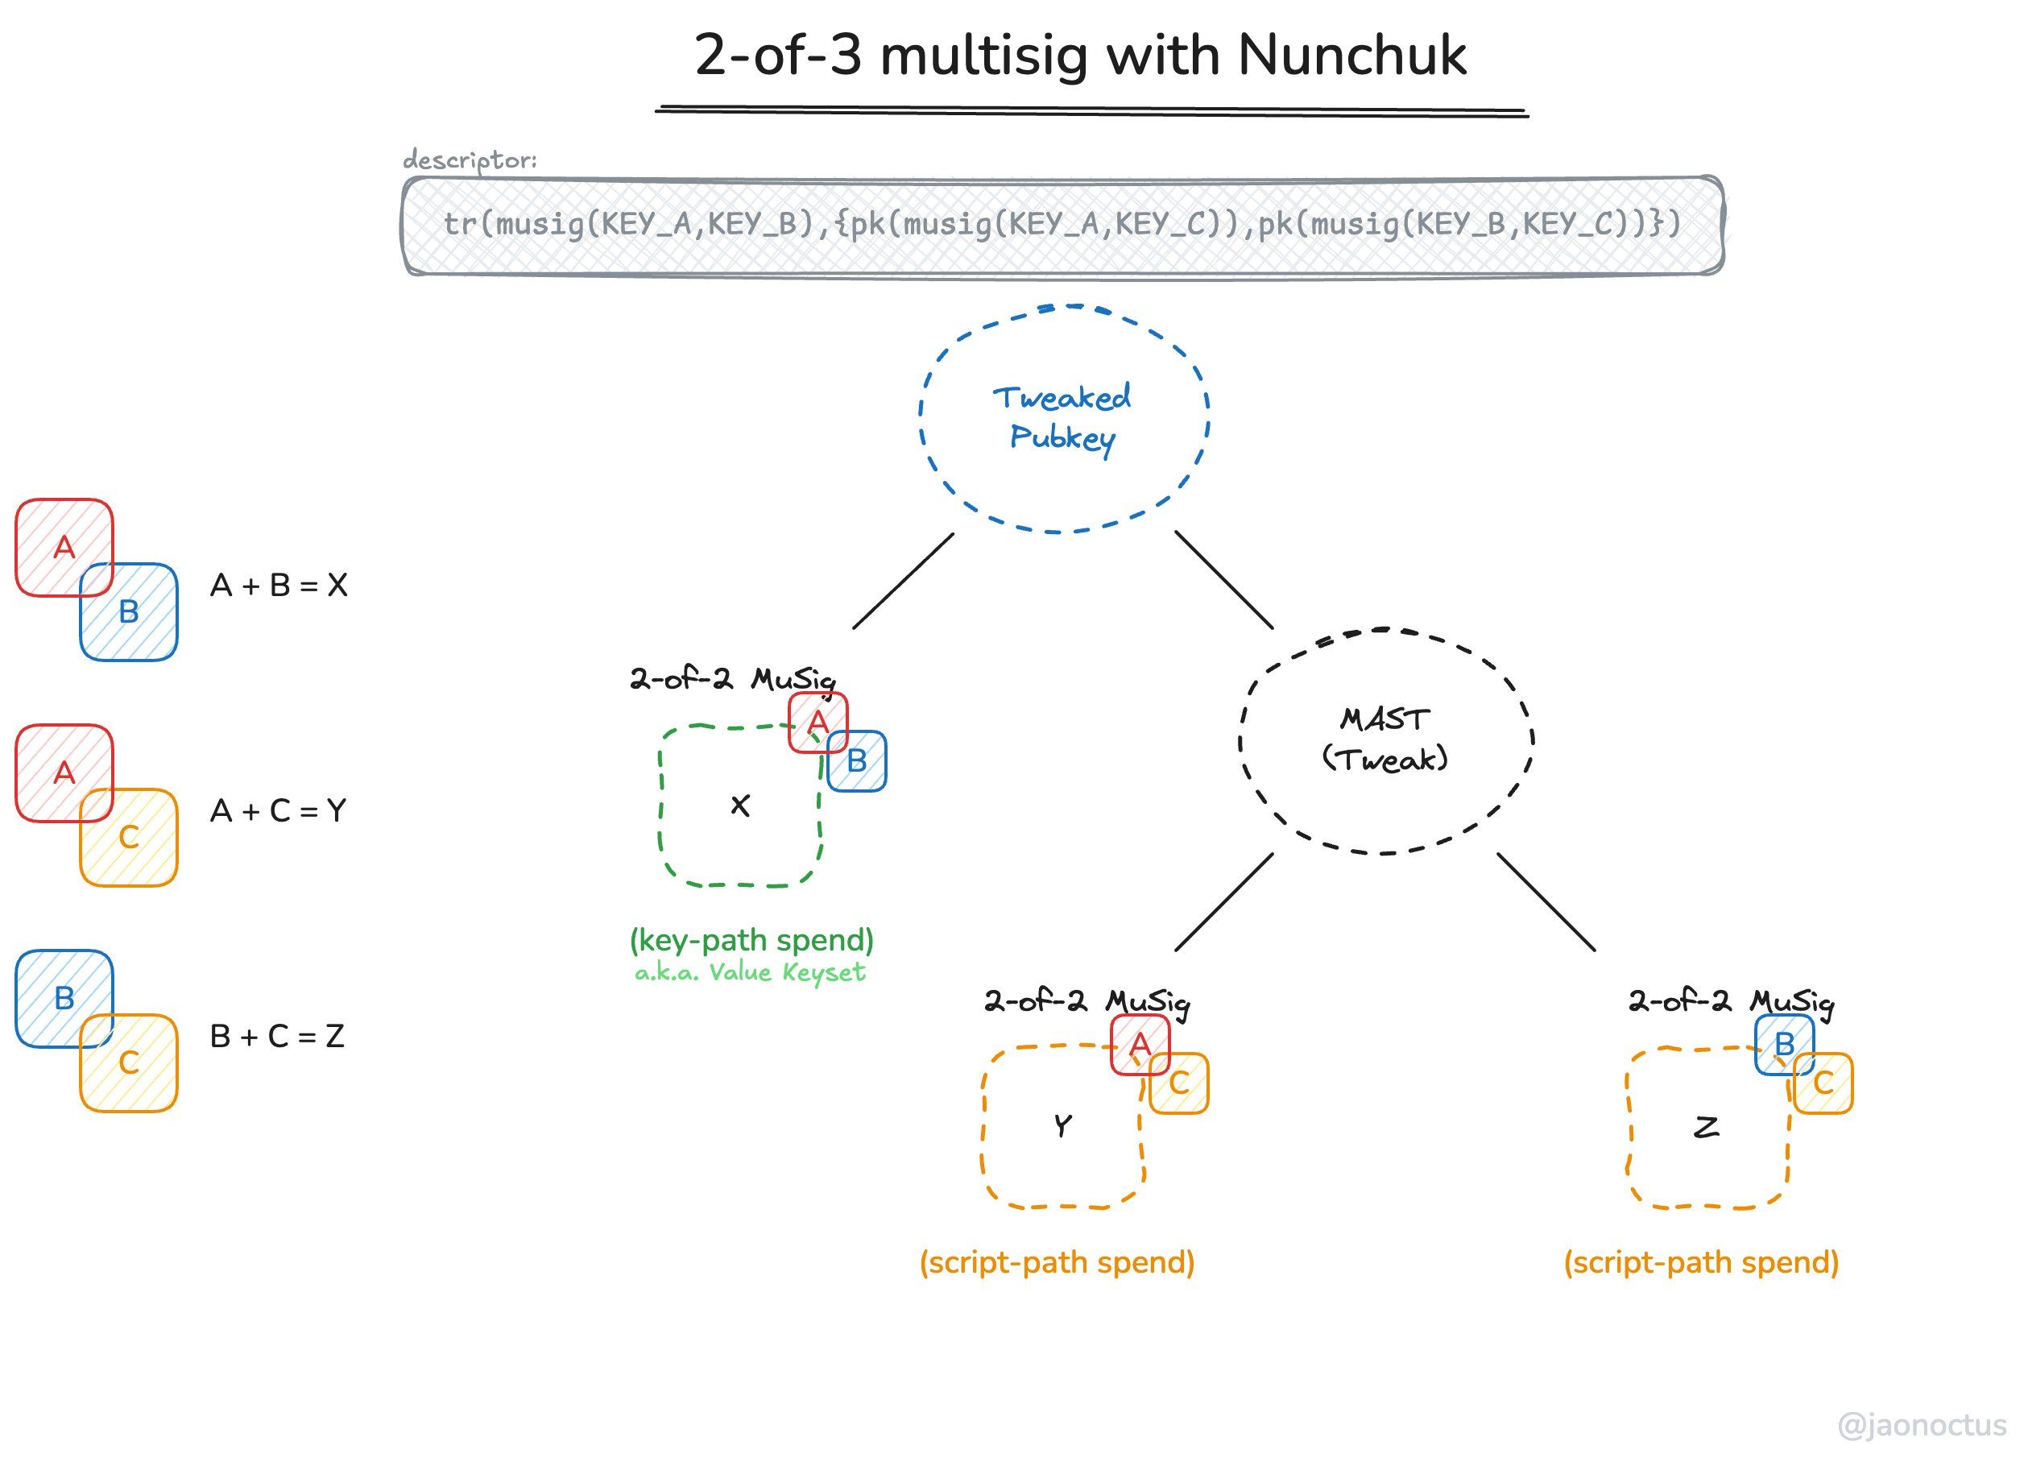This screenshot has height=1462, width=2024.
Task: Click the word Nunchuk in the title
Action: (x=1351, y=56)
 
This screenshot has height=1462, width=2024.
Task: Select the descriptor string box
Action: (x=1062, y=225)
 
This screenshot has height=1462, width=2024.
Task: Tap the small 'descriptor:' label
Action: (x=470, y=159)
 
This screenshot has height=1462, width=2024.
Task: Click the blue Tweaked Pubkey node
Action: (x=1063, y=419)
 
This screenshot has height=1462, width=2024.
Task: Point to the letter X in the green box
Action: (x=740, y=806)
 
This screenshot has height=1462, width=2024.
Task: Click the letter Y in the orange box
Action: (x=1062, y=1126)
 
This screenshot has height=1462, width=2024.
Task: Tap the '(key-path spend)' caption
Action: (x=751, y=940)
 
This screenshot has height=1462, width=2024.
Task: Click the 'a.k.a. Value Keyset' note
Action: (x=750, y=972)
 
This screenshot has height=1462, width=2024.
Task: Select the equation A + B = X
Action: (x=279, y=586)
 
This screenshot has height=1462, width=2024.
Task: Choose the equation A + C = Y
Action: (x=279, y=811)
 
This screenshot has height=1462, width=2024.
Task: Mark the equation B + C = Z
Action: (x=276, y=1036)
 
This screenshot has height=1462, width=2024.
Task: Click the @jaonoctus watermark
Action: (x=1920, y=1424)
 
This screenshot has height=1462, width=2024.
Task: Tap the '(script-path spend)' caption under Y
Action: (x=1057, y=1262)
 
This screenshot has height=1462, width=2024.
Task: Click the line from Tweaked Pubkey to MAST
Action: (x=1223, y=579)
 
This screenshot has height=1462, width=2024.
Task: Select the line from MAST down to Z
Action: (x=1546, y=901)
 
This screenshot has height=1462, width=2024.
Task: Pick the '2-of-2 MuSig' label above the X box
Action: (x=732, y=679)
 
